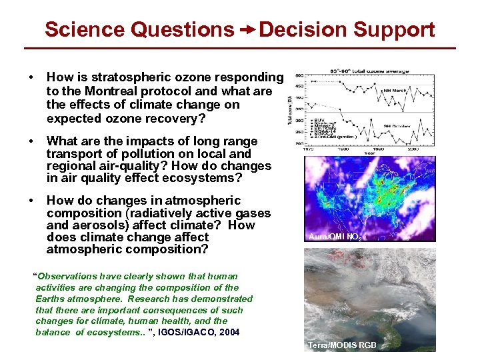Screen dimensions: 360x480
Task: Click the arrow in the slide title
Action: tap(247, 30)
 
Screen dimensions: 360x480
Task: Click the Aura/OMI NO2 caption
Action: tap(335, 237)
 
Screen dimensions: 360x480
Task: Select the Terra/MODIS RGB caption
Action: tap(341, 345)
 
